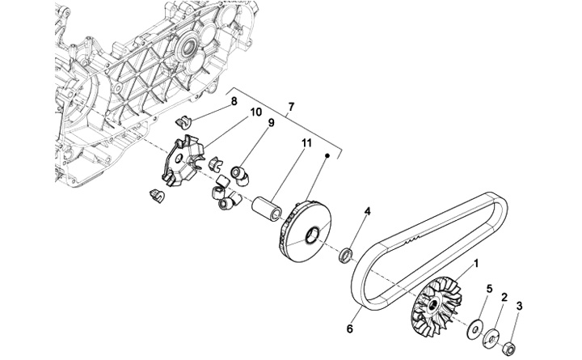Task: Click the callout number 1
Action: pyautogui.click(x=476, y=263)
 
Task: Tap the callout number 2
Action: pyautogui.click(x=504, y=298)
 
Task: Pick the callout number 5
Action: pyautogui.click(x=488, y=288)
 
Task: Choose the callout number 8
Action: pyautogui.click(x=233, y=101)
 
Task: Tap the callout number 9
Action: pyautogui.click(x=272, y=123)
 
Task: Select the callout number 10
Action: pyautogui.click(x=255, y=112)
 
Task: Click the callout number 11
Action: pyautogui.click(x=285, y=144)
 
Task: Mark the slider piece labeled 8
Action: pyautogui.click(x=184, y=123)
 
